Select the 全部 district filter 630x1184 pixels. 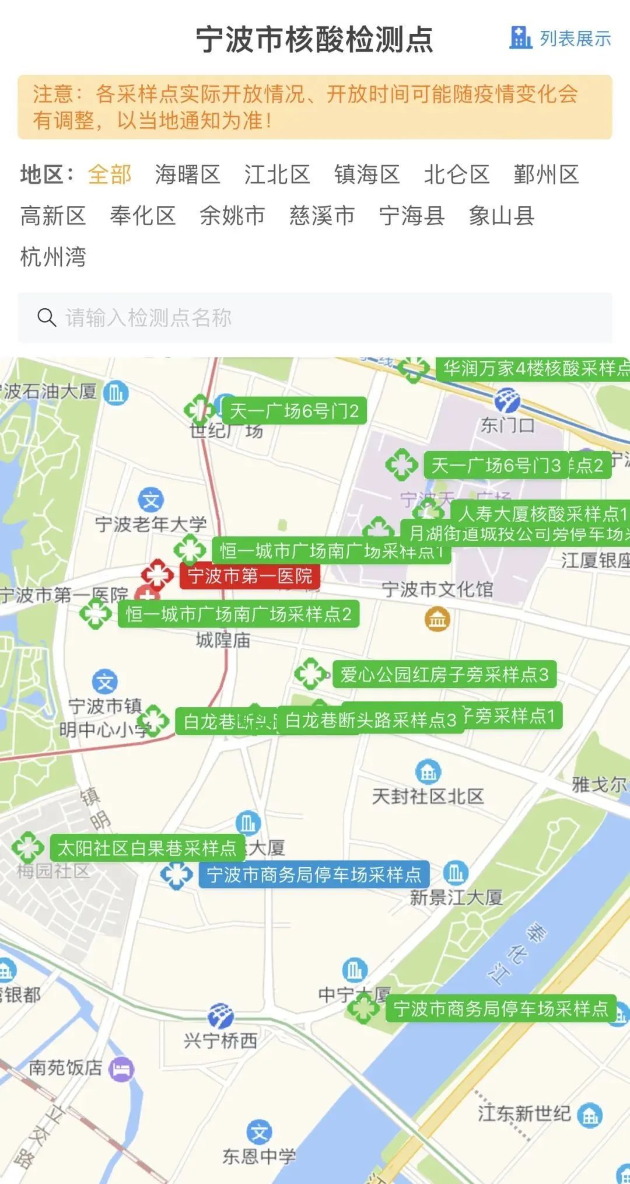(110, 174)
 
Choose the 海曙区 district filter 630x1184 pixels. (187, 174)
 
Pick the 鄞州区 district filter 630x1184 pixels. (546, 174)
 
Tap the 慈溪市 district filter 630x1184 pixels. (322, 216)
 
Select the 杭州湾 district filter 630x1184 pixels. (53, 257)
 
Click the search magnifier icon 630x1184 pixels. (47, 317)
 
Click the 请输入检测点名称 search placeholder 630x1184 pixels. (149, 318)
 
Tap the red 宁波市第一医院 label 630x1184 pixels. (250, 576)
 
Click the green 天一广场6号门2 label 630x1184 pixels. (294, 411)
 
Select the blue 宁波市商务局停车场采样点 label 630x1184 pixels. (314, 874)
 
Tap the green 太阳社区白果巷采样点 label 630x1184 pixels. (147, 848)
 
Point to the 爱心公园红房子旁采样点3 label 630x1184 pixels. (444, 675)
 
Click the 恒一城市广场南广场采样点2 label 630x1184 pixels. (239, 614)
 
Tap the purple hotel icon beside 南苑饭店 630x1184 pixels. (122, 1069)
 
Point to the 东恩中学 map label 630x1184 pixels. (259, 1156)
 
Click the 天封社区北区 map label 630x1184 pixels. (428, 796)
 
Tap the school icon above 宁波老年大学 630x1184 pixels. (151, 500)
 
